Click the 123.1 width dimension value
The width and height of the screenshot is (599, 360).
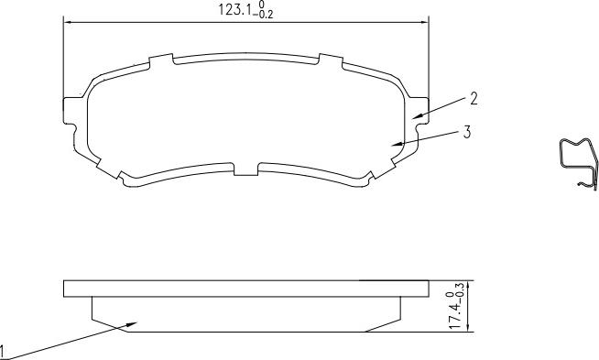[234, 9]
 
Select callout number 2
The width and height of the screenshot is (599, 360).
[474, 99]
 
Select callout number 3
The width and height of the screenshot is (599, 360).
[467, 132]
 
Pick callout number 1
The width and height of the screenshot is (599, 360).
[2, 351]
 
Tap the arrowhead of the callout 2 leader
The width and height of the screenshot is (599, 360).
[419, 115]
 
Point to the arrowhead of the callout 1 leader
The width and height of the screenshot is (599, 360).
[131, 324]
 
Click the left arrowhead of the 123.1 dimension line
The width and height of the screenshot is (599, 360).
[68, 23]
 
